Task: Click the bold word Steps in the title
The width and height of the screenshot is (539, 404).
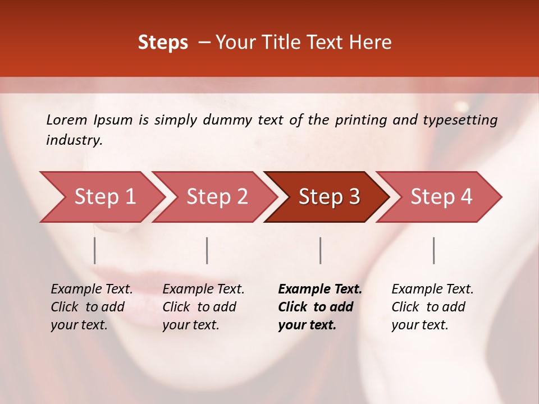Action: click(x=163, y=43)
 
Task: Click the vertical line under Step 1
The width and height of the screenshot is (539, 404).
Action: click(x=95, y=250)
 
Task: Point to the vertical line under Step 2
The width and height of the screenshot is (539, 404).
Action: click(x=207, y=250)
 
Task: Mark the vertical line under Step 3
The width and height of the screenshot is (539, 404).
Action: click(x=321, y=250)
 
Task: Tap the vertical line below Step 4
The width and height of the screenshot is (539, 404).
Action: click(x=433, y=250)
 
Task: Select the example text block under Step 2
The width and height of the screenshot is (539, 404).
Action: click(x=203, y=307)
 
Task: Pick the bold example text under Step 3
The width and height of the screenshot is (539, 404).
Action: click(x=319, y=307)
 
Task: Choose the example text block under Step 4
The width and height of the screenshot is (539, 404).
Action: click(x=432, y=307)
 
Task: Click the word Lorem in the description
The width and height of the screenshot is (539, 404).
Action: click(x=67, y=120)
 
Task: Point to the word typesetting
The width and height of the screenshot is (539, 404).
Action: click(x=460, y=120)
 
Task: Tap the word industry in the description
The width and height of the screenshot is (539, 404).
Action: click(x=74, y=140)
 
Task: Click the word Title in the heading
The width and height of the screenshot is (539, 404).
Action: click(x=288, y=43)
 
